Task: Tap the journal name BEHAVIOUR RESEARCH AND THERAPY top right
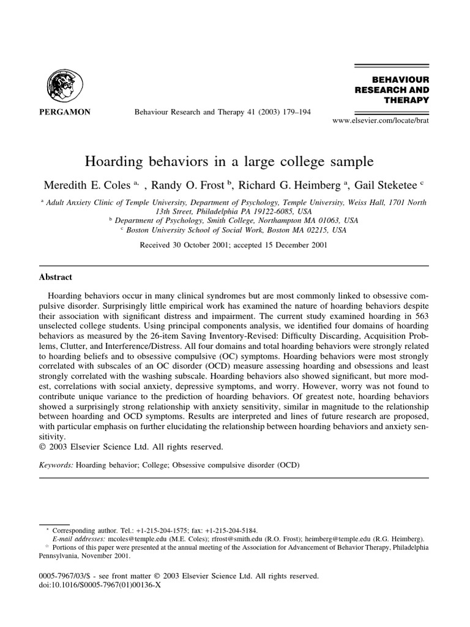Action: pos(392,90)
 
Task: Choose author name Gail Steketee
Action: pos(385,184)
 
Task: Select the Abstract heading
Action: pos(56,277)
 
